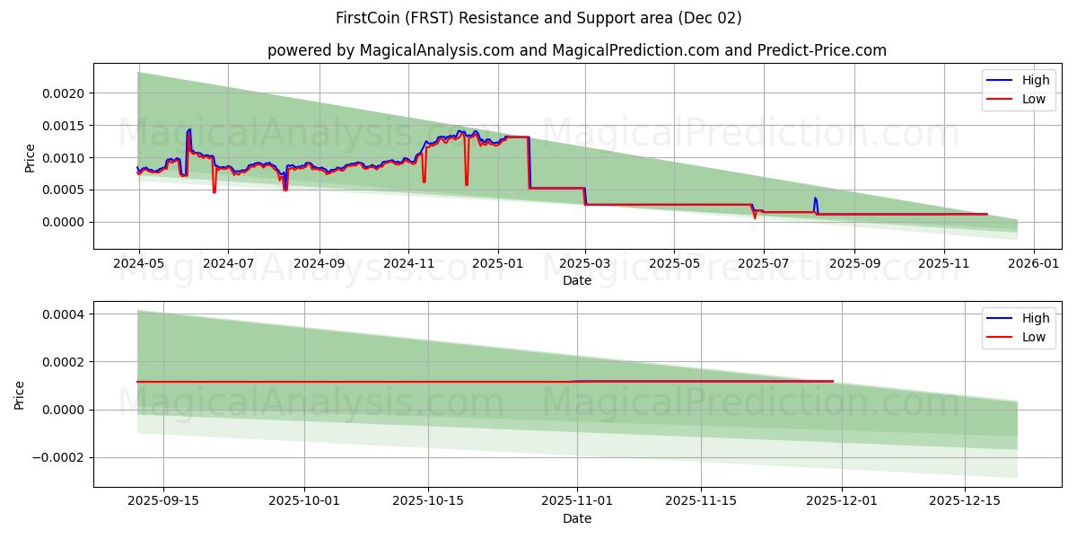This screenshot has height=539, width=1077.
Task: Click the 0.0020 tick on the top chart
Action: (x=64, y=93)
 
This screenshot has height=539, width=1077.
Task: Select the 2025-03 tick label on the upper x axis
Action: (x=585, y=264)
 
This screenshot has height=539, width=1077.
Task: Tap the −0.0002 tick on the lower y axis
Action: (x=57, y=457)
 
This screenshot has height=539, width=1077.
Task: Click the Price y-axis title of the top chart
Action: (x=31, y=157)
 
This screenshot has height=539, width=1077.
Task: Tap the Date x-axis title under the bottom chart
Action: (x=577, y=518)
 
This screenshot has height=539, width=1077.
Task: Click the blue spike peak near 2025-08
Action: (x=815, y=198)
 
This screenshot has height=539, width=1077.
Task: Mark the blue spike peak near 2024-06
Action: (x=189, y=129)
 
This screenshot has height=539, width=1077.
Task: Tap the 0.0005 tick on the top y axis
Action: (x=64, y=190)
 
